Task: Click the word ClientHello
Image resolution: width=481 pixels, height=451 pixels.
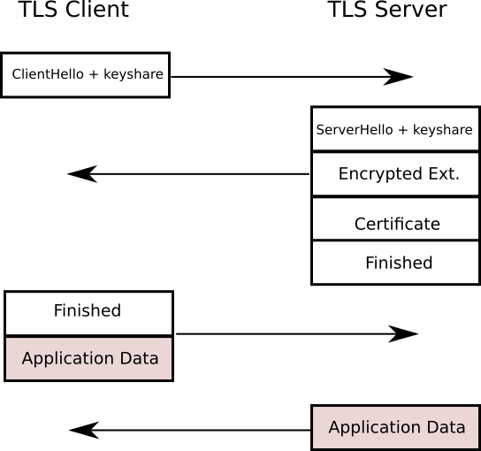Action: coord(48,75)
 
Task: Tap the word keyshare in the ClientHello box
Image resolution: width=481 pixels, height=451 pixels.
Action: coord(134,75)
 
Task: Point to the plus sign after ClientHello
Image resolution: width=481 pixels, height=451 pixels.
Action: coord(93,75)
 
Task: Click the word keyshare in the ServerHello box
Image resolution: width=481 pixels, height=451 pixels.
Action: coord(442,130)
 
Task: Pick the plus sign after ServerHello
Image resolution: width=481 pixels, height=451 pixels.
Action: coord(402,130)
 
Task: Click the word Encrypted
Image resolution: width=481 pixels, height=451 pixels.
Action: coord(378,174)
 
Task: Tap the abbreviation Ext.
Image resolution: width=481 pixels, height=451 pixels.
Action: coord(443,174)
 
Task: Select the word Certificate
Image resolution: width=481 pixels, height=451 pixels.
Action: coord(397,224)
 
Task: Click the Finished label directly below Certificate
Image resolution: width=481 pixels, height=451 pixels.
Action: coord(399,263)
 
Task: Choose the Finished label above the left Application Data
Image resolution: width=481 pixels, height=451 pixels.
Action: coord(87,310)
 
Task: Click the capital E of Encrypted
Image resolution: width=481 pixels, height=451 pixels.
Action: coord(343,174)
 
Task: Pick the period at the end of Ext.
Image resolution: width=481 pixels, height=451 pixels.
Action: coord(457,179)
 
